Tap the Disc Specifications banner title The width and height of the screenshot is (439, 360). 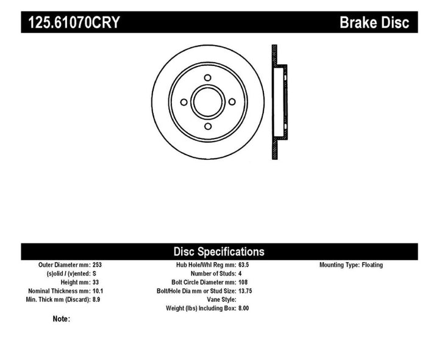219,251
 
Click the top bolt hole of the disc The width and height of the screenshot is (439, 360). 207,77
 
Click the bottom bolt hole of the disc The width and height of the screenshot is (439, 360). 207,126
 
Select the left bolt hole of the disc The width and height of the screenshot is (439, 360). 183,102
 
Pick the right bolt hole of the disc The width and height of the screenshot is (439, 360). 232,102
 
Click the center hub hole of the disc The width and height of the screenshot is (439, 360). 207,102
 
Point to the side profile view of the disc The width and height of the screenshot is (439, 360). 278,102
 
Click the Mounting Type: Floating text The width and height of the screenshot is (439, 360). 351,265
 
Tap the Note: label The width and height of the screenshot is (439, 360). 62,319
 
